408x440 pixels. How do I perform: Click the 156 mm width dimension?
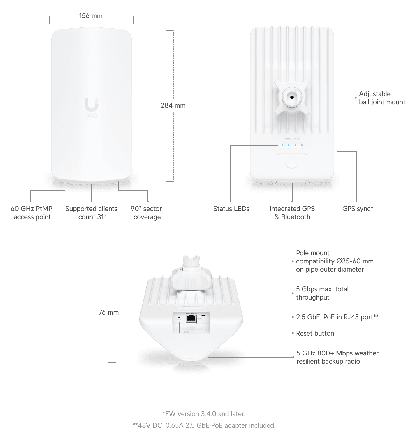click(91, 16)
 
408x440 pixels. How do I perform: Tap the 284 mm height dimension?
click(173, 105)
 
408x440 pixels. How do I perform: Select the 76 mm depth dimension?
click(108, 312)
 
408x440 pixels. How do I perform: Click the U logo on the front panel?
click(92, 105)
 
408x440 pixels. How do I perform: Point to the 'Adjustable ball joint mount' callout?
click(381, 98)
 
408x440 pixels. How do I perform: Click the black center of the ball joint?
click(292, 97)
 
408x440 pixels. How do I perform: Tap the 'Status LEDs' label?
click(231, 209)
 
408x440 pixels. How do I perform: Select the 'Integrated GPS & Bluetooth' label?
click(292, 213)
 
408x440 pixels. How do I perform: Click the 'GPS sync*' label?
click(358, 209)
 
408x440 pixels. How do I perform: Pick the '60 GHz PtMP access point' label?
click(32, 213)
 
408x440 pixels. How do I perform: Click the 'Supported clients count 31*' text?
click(92, 213)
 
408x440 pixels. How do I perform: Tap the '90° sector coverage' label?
click(146, 213)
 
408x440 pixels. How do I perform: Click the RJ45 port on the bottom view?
click(191, 318)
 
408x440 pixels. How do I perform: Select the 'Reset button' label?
click(315, 333)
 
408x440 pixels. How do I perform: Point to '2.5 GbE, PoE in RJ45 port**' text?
click(337, 317)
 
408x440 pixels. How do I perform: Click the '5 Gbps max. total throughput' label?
click(322, 293)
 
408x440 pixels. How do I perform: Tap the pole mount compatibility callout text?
click(334, 261)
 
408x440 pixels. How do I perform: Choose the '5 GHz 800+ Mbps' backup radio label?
click(337, 357)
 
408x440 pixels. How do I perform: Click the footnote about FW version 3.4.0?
click(204, 414)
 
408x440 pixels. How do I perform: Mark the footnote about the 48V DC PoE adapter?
click(204, 425)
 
